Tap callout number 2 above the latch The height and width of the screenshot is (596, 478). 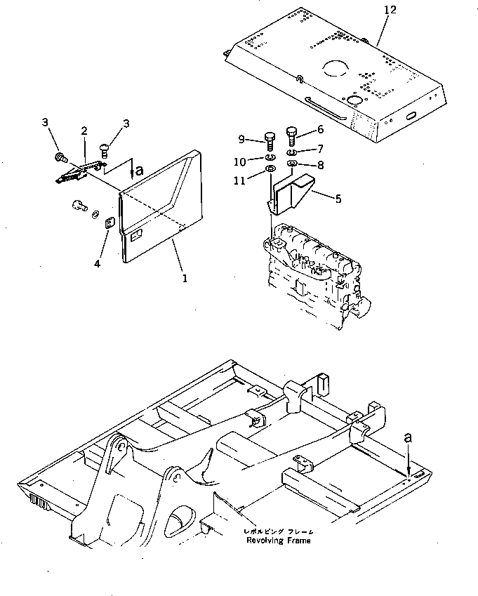pyautogui.click(x=84, y=131)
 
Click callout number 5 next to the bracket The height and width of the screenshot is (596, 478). pyautogui.click(x=338, y=199)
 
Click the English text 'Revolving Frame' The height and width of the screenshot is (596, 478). pyautogui.click(x=277, y=541)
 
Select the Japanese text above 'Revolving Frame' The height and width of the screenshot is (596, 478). pyautogui.click(x=277, y=531)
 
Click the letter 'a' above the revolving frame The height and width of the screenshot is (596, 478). pyautogui.click(x=409, y=437)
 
